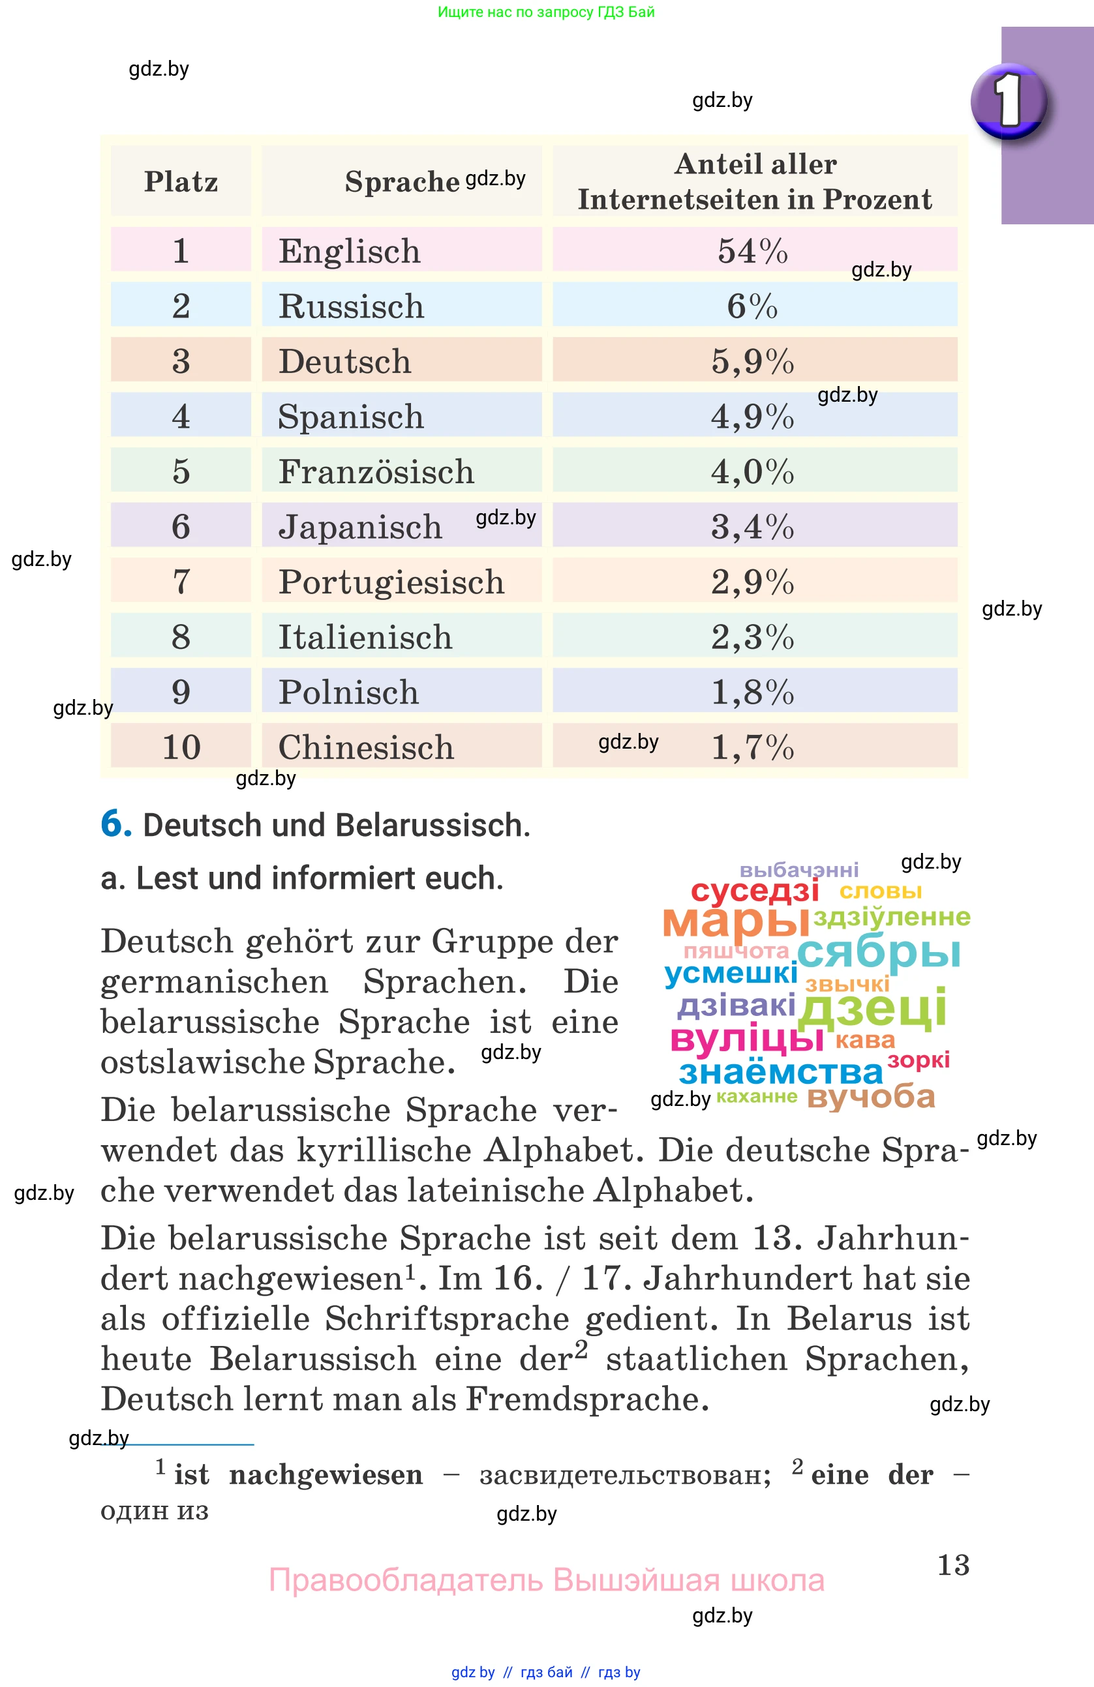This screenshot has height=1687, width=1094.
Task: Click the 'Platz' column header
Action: (x=181, y=181)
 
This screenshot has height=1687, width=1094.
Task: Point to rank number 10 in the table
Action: (x=181, y=747)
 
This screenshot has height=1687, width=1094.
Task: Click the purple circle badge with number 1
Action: (x=1008, y=100)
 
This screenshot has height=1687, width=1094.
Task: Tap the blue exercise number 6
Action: (x=115, y=824)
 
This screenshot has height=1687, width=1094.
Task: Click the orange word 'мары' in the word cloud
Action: (x=735, y=921)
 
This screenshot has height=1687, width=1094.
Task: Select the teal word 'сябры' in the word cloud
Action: (x=879, y=953)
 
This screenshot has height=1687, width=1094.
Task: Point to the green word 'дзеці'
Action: (x=872, y=1008)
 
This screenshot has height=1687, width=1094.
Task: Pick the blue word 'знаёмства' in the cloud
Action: (x=781, y=1072)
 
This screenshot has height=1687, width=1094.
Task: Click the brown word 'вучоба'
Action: (x=871, y=1097)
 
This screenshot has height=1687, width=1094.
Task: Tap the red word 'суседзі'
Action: (x=754, y=890)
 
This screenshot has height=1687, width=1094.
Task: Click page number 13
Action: (x=953, y=1565)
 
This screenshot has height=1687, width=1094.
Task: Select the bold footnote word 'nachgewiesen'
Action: (x=326, y=1475)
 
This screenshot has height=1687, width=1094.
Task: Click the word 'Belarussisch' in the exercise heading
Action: (x=432, y=825)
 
